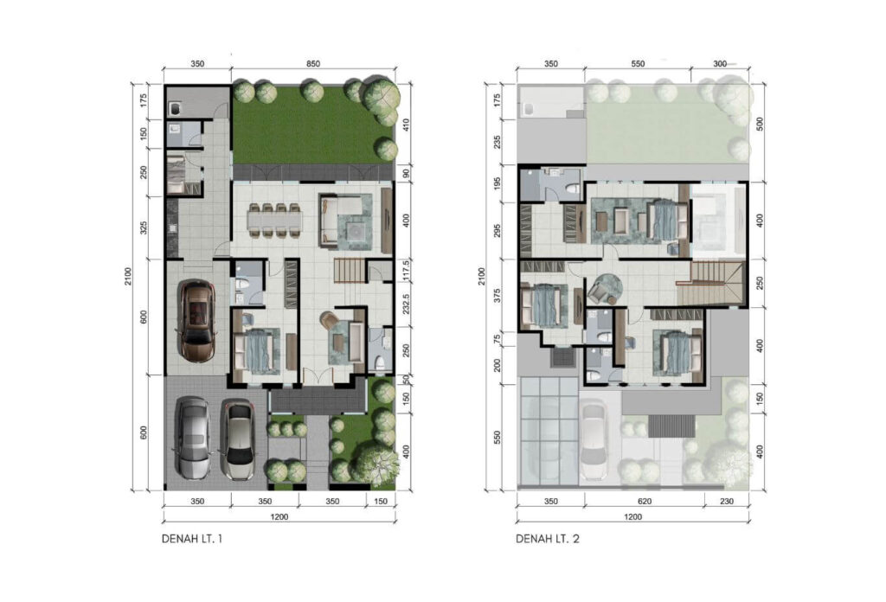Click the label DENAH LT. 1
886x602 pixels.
coord(192,539)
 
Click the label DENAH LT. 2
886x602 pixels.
coord(548,539)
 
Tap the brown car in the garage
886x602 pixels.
coord(196,321)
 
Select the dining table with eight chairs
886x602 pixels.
coord(274,220)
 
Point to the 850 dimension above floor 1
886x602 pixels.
coord(313,64)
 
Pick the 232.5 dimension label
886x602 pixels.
coord(406,304)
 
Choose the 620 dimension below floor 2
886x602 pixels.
coord(645,501)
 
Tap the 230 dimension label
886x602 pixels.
coord(727,501)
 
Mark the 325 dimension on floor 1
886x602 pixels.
coord(144,227)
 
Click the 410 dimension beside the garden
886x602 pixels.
coord(406,125)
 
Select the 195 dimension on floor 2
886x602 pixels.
coord(498,184)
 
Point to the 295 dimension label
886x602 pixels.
coord(498,231)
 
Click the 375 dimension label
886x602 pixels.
coord(498,295)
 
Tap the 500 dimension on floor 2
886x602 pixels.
coord(760,125)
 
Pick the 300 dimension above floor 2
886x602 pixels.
coord(720,64)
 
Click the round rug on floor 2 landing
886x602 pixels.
coord(608,286)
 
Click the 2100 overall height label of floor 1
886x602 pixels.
coord(128,276)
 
